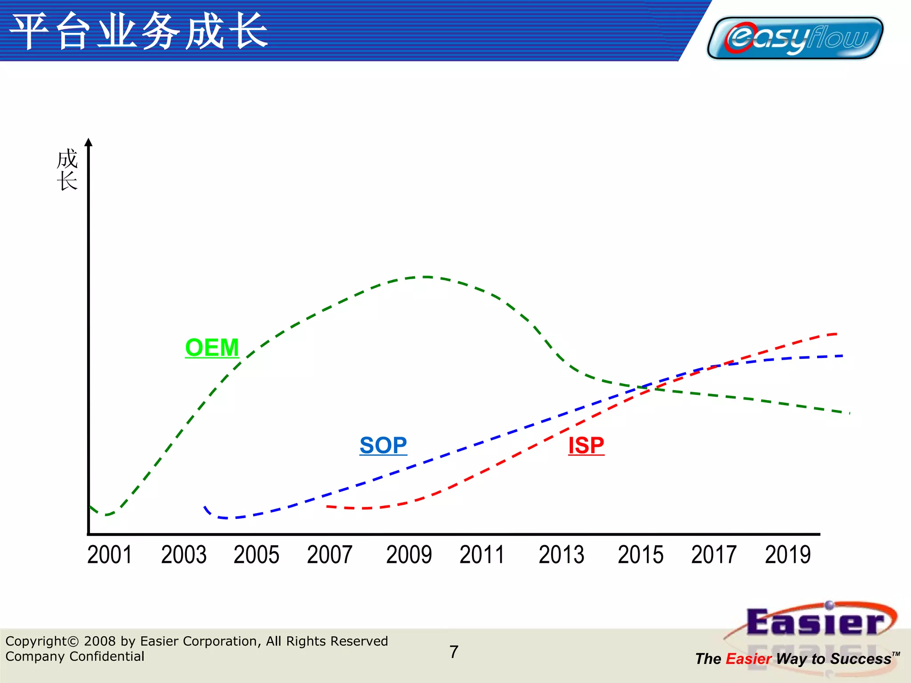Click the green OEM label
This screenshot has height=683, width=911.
click(x=212, y=347)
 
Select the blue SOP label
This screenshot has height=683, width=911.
click(x=383, y=445)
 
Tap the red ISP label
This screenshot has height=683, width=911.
click(x=586, y=445)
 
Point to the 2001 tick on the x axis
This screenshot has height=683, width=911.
click(x=109, y=555)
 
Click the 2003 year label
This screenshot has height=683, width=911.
click(x=184, y=555)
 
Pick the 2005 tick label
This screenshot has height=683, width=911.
click(x=256, y=555)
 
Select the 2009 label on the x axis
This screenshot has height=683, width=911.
click(x=409, y=555)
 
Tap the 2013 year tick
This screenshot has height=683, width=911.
click(x=561, y=555)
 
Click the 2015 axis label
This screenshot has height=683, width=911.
click(x=641, y=555)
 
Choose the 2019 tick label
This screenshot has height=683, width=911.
click(x=788, y=555)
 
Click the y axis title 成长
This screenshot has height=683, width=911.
click(x=67, y=170)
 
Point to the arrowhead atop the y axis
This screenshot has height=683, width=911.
click(x=89, y=142)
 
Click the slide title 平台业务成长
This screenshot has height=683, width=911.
click(x=139, y=31)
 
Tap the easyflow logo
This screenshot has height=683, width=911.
click(x=795, y=38)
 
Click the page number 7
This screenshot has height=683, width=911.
click(x=454, y=652)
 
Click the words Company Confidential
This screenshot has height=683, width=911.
click(x=75, y=656)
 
